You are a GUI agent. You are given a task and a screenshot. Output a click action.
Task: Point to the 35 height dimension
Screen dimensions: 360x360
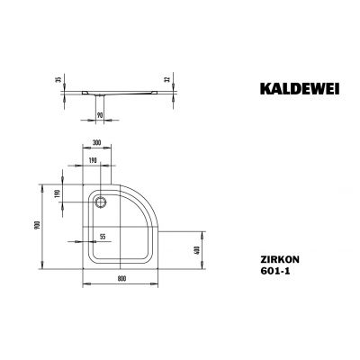coord(58,79)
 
